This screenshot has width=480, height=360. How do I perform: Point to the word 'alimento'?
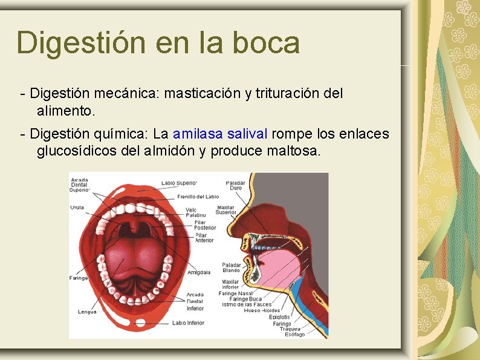pyautogui.click(x=65, y=111)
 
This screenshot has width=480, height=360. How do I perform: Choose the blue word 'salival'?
pyautogui.click(x=249, y=133)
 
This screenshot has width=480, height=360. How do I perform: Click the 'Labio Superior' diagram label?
pyautogui.click(x=179, y=183)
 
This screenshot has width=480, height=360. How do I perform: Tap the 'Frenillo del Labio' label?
pyautogui.click(x=198, y=197)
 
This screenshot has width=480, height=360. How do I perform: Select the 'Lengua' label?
pyautogui.click(x=87, y=312)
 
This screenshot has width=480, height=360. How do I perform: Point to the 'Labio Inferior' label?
pyautogui.click(x=188, y=323)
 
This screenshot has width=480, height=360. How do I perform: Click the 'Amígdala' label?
pyautogui.click(x=199, y=272)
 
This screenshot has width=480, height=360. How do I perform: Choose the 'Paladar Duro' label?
pyautogui.click(x=235, y=185)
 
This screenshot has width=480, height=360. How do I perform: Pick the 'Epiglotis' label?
pyautogui.click(x=279, y=316)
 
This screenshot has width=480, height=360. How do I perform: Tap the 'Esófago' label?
pyautogui.click(x=295, y=335)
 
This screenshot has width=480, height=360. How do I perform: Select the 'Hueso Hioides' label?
pyautogui.click(x=261, y=310)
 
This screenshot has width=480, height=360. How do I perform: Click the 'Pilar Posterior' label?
pyautogui.click(x=205, y=225)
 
